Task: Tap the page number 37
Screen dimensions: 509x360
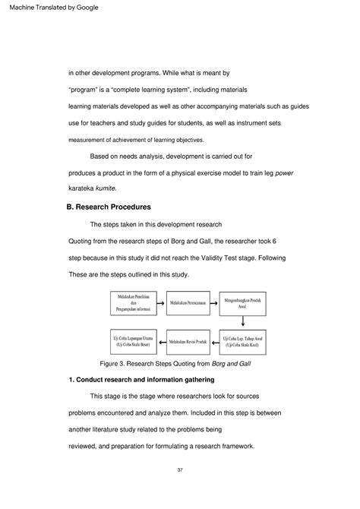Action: (x=180, y=471)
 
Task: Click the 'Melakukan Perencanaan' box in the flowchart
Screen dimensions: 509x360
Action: (x=190, y=302)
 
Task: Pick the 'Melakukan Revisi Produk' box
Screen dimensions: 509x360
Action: (x=189, y=341)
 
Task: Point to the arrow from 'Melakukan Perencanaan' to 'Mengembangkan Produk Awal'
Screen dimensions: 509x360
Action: (x=216, y=302)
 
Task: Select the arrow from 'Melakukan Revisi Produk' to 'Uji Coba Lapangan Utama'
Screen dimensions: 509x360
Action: (x=161, y=341)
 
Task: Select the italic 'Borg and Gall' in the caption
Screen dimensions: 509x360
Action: (x=233, y=363)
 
